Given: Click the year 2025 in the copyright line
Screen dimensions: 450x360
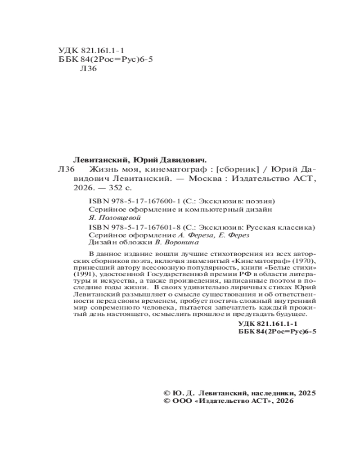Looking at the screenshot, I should click(x=307, y=392).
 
